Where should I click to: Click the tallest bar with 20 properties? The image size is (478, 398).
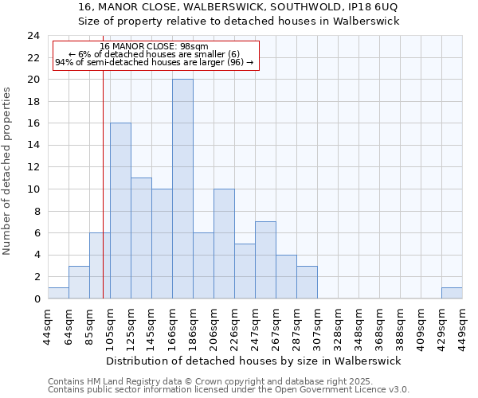tap(182, 189)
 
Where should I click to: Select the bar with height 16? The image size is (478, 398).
tap(120, 211)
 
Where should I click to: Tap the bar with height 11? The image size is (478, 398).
tap(141, 238)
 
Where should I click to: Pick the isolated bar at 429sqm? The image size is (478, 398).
tap(452, 293)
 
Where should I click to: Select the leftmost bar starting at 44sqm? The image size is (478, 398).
tap(58, 293)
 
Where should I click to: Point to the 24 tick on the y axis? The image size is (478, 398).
tap(33, 36)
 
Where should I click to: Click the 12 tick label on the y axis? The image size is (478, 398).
tap(33, 167)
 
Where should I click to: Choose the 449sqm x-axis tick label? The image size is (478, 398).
tap(462, 325)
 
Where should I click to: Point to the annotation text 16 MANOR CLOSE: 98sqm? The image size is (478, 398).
tap(155, 47)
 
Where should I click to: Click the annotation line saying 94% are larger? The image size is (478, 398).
tap(155, 62)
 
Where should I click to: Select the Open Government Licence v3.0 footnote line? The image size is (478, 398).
tap(229, 390)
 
